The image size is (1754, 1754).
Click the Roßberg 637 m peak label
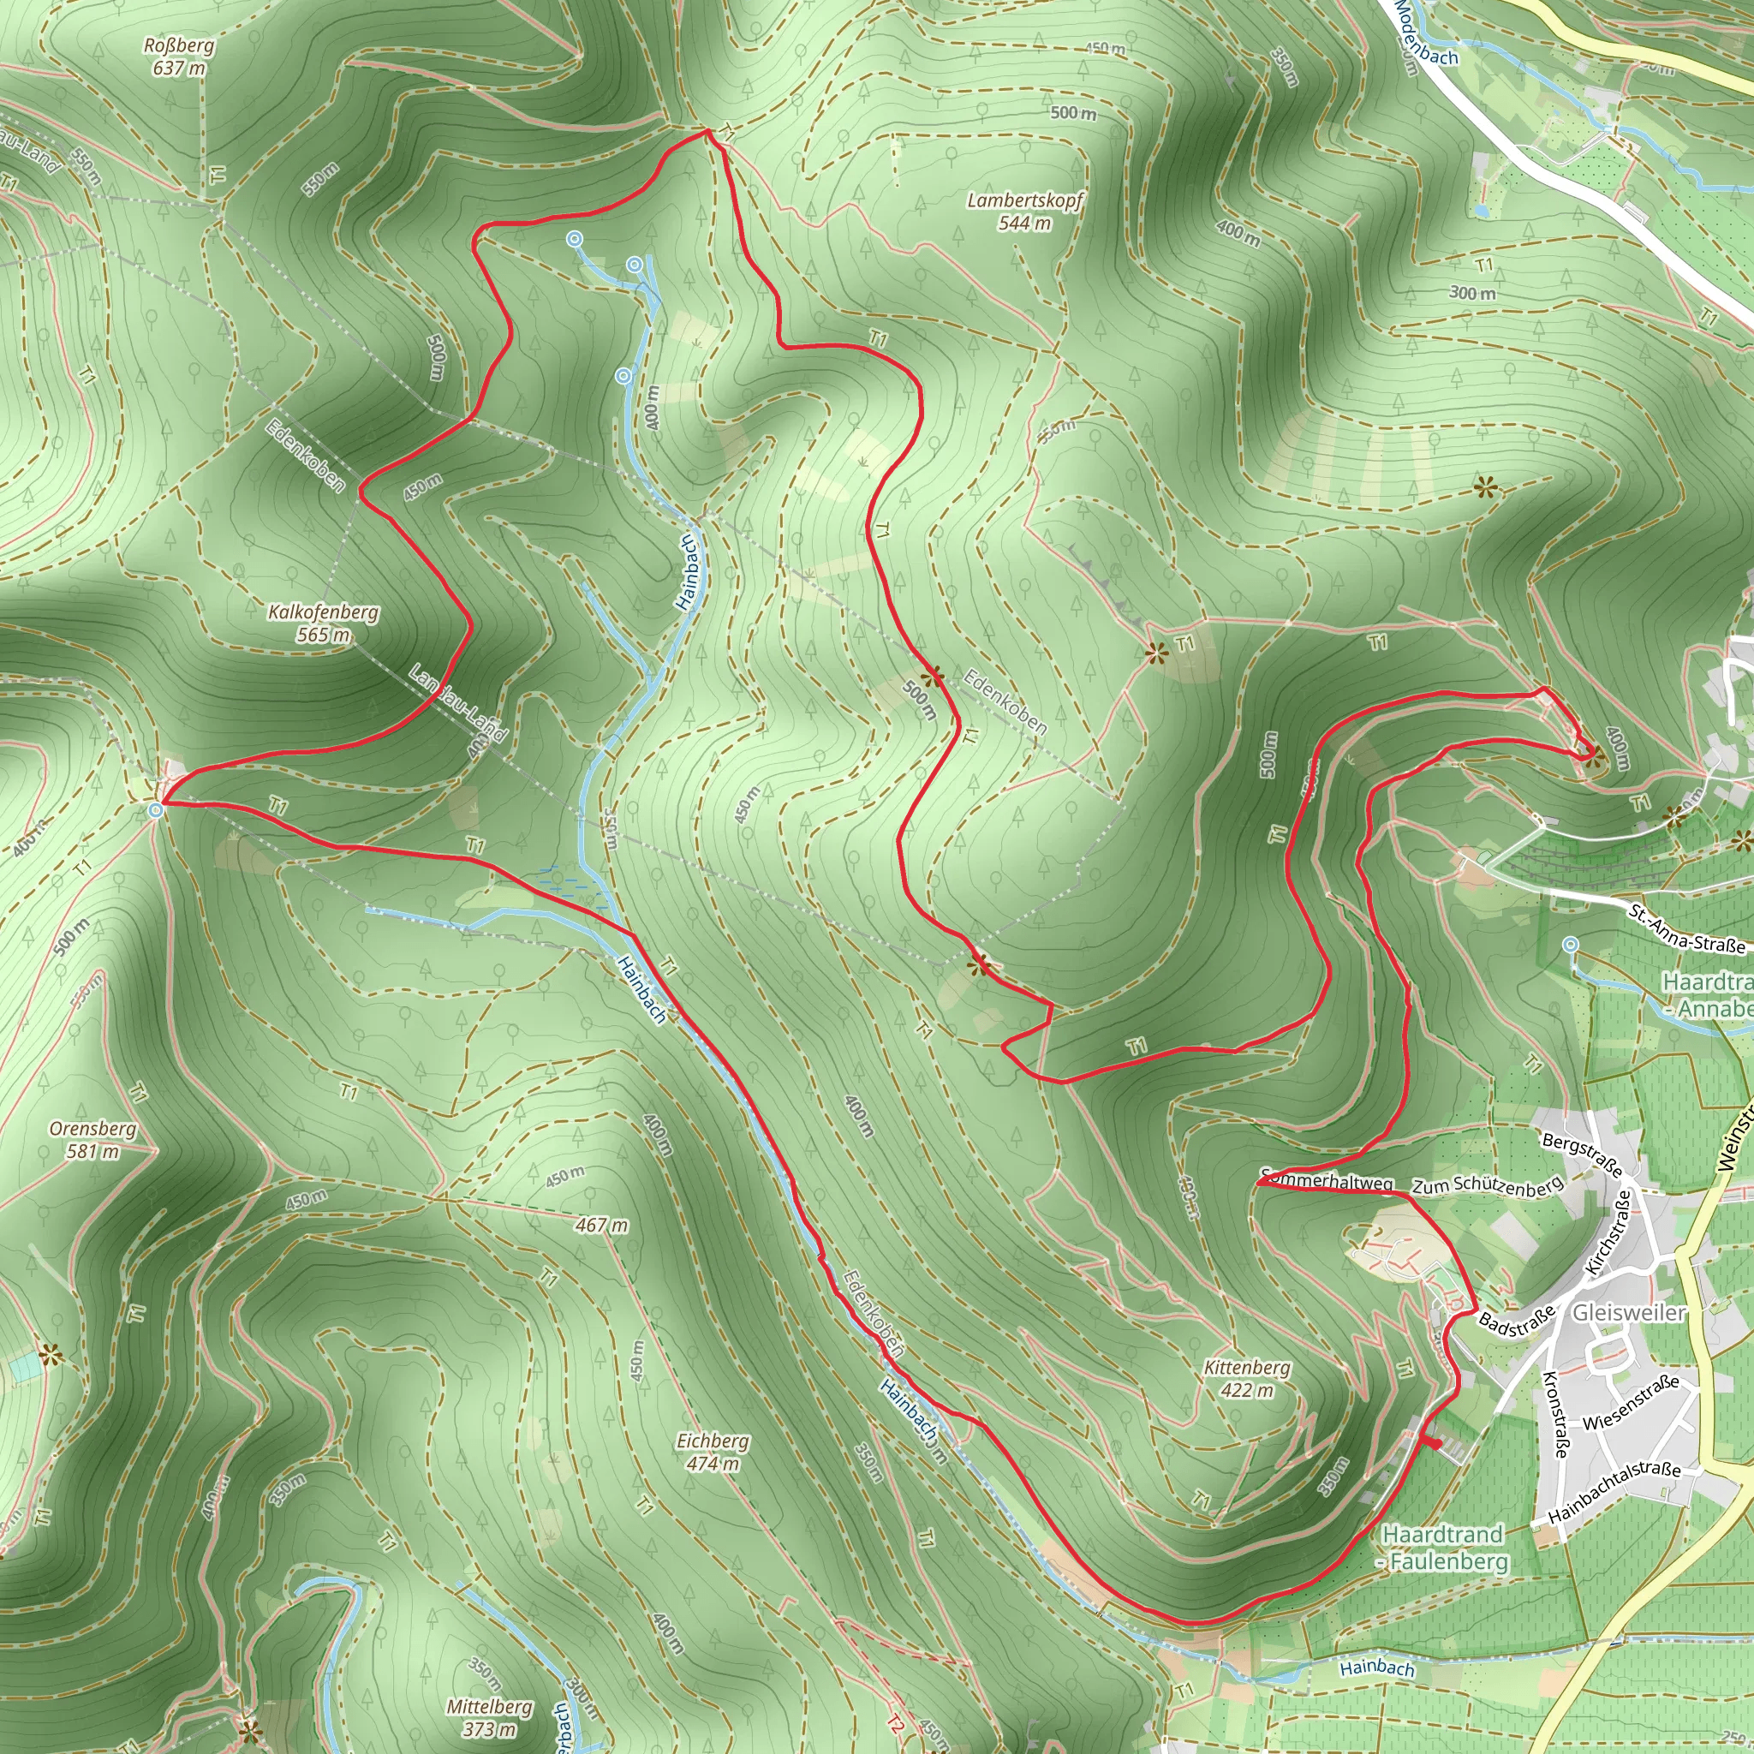pos(179,57)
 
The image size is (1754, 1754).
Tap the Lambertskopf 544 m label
pos(1025,212)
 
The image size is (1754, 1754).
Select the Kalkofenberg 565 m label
pos(323,623)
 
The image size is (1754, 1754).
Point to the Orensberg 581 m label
pos(93,1139)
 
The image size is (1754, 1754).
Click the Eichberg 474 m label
pos(713,1452)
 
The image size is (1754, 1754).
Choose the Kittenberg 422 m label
pos(1246,1378)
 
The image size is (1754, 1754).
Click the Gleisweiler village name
pos(1629,1313)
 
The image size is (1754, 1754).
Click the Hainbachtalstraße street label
pos(1614,1494)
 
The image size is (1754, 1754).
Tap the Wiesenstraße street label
pos(1631,1403)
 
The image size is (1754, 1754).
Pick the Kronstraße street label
pos(1555,1413)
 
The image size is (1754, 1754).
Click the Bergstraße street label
pos(1582,1154)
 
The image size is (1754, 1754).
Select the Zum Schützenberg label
pos(1488,1184)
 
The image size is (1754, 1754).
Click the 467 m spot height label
pos(601,1226)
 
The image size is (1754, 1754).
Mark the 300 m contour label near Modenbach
pos(1471,293)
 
